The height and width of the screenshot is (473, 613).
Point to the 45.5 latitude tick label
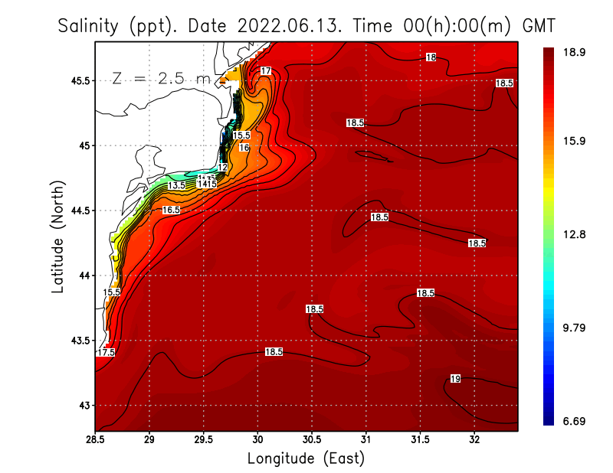78,80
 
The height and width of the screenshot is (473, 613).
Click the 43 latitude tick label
83,405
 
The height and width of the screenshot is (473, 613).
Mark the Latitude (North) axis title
57,236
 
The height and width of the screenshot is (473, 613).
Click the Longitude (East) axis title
306,458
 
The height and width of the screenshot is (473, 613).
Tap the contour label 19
455,379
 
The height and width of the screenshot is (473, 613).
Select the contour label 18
431,57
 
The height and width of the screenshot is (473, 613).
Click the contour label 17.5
106,352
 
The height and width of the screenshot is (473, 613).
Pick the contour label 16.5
171,210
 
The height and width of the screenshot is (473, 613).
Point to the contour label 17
265,70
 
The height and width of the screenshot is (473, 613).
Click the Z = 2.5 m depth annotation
161,78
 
